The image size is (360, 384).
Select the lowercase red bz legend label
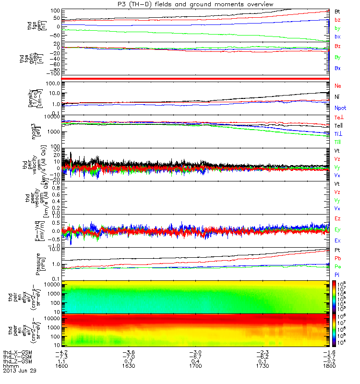(337, 20)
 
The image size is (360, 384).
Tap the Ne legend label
(338, 85)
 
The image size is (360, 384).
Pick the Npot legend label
(340, 108)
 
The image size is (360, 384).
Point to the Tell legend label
(338, 125)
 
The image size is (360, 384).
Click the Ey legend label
(338, 229)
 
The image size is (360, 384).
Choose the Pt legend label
(337, 251)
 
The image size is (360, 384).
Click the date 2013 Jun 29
(19, 371)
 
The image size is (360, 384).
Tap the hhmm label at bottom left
(10, 366)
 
